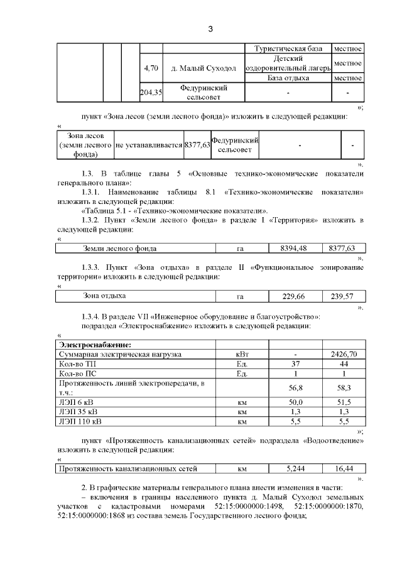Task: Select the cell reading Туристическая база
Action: point(288,48)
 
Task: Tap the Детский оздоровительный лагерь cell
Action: point(288,63)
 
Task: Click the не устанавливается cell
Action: point(148,146)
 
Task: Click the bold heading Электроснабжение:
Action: point(95,345)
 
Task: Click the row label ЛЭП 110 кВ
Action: point(80,421)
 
